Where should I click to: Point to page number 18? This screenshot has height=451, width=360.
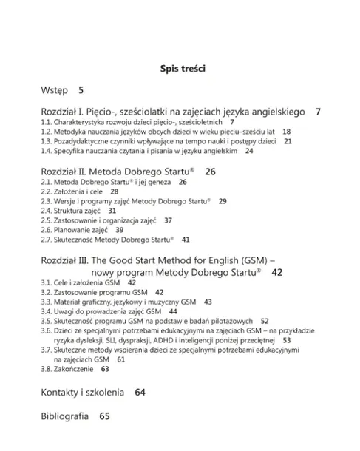click(286, 131)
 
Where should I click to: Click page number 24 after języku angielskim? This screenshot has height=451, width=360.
click(249, 150)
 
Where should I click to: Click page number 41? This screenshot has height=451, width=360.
click(186, 240)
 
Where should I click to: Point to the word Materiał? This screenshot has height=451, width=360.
click(71, 302)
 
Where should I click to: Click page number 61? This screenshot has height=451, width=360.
click(120, 359)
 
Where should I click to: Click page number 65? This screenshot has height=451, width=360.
click(104, 416)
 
